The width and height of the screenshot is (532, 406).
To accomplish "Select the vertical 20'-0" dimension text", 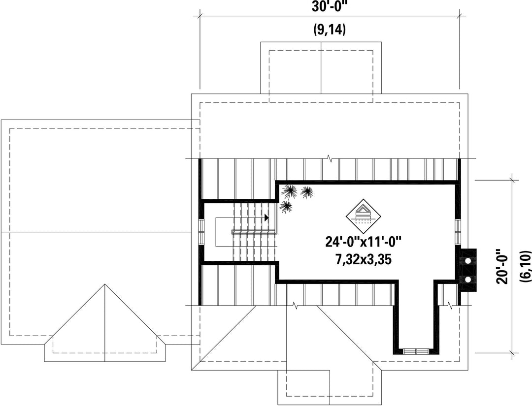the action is (502, 266).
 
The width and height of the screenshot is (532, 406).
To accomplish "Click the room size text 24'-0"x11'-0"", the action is (364, 242).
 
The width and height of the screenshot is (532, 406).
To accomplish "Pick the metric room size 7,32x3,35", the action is (364, 259).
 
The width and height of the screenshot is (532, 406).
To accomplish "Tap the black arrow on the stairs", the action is (266, 218).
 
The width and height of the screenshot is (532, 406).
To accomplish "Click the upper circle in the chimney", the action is (468, 261).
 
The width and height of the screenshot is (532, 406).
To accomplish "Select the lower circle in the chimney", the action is (468, 279).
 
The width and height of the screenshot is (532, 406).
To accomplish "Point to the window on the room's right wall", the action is (458, 232).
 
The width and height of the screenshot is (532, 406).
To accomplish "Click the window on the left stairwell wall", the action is (201, 232).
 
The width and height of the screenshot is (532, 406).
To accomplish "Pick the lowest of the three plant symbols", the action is (286, 206).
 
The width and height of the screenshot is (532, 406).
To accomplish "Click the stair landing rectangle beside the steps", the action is (225, 232).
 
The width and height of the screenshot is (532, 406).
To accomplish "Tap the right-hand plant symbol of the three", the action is (307, 192).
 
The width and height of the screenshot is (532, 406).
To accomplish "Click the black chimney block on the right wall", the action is (467, 271).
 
